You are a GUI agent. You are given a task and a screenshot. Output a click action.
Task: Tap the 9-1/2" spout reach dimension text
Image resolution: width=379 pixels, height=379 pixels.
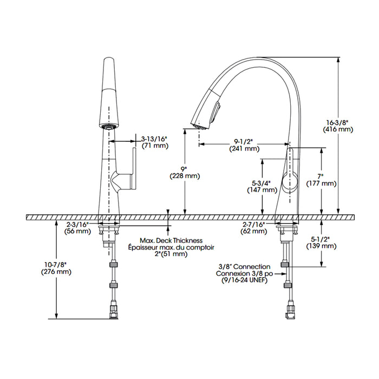pos(244,141)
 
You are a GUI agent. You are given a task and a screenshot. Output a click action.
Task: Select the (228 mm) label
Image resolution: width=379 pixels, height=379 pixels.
pos(185,176)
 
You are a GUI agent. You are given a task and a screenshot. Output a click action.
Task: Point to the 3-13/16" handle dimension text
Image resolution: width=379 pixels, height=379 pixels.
pos(154,139)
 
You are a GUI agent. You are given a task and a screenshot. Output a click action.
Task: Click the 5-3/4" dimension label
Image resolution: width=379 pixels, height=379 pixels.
pos(262,183)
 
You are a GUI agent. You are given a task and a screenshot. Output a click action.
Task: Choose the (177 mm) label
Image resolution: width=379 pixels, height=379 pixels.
pos(322,184)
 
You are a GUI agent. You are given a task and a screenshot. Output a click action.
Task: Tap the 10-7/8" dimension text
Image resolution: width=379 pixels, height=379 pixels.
pos(56,265)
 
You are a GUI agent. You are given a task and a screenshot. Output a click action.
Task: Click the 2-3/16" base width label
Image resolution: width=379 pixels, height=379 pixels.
pos(77,225)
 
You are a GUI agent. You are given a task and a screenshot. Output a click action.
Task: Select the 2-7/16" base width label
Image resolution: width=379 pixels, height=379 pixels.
pos(253,225)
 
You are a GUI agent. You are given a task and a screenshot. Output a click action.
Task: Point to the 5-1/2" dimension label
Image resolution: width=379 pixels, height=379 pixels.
pos(321,239)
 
